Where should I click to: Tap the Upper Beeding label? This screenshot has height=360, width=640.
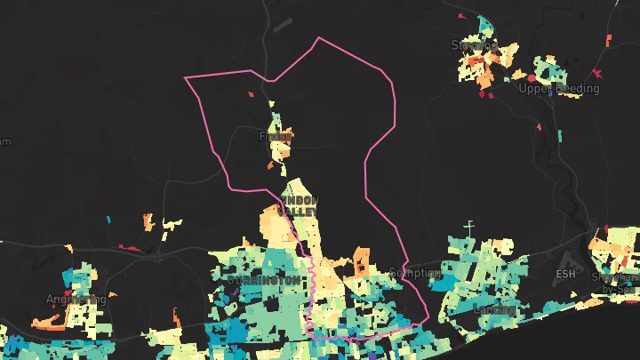pyautogui.click(x=558, y=89)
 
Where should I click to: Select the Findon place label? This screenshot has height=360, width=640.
pyautogui.click(x=275, y=137)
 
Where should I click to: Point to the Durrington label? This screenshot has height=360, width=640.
pyautogui.click(x=264, y=279)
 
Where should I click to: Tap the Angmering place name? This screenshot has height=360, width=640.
pyautogui.click(x=76, y=299)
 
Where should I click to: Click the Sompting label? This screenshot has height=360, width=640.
pyautogui.click(x=415, y=273)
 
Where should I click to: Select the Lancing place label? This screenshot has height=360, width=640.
pyautogui.click(x=495, y=309)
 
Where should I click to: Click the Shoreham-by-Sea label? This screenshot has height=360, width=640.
pyautogui.click(x=616, y=282)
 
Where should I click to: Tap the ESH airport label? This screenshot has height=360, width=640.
pyautogui.click(x=565, y=274)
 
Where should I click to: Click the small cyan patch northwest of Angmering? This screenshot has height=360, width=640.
pyautogui.click(x=108, y=219)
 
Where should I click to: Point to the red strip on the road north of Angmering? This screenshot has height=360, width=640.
pyautogui.click(x=130, y=247)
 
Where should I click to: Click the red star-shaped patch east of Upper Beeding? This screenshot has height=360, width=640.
pyautogui.click(x=597, y=71)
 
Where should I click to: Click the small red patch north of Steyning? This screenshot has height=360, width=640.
pyautogui.click(x=460, y=16)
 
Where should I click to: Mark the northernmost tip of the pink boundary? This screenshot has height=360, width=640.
pyautogui.click(x=318, y=38)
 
